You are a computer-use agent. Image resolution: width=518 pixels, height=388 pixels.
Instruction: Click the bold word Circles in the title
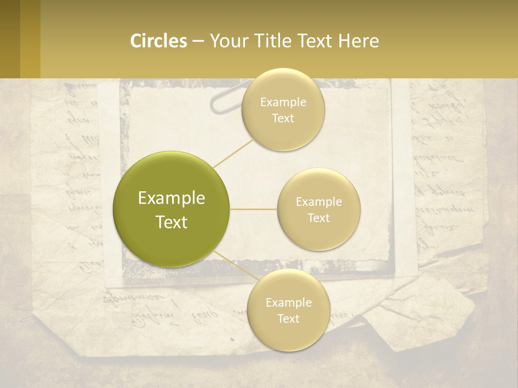[159, 41]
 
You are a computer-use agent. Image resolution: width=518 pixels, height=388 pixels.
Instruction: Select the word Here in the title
[359, 41]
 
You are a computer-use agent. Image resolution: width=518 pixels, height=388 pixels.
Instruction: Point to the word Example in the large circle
[172, 198]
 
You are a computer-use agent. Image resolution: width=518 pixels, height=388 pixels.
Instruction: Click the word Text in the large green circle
[172, 222]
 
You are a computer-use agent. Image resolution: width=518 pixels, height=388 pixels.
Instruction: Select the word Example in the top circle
[283, 102]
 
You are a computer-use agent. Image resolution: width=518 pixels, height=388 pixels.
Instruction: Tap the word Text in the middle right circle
[319, 218]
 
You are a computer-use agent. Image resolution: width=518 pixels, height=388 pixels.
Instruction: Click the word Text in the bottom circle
[289, 319]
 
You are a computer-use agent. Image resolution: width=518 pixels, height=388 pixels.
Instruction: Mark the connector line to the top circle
[233, 152]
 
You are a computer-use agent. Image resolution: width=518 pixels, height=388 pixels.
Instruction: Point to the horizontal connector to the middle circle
[254, 209]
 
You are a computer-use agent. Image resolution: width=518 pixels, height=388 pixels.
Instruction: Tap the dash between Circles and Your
[198, 41]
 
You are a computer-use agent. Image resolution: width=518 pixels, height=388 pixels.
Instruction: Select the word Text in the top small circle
[283, 119]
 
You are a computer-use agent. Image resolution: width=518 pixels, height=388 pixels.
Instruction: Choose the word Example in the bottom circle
[289, 303]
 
